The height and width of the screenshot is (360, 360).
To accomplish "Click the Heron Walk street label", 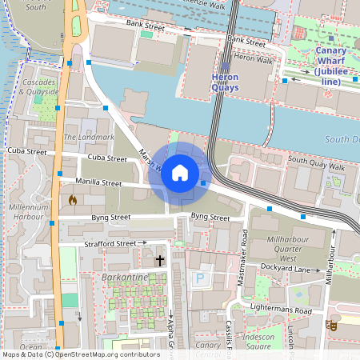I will click(x=254, y=58).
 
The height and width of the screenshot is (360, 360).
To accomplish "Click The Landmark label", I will click(x=78, y=138).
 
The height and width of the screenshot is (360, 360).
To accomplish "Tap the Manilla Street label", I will click(x=98, y=183).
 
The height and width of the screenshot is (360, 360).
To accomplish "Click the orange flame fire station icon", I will click(x=72, y=199).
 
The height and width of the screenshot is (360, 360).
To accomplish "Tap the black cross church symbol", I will click(x=159, y=260).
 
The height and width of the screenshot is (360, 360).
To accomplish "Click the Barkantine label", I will click(x=124, y=277).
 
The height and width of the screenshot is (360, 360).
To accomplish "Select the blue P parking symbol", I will click(x=200, y=278).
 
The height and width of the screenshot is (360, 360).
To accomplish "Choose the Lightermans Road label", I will click(x=278, y=310).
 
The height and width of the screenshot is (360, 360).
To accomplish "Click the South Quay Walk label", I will click(x=316, y=166).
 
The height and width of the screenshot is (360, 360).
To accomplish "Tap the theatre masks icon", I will click(x=330, y=325).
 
